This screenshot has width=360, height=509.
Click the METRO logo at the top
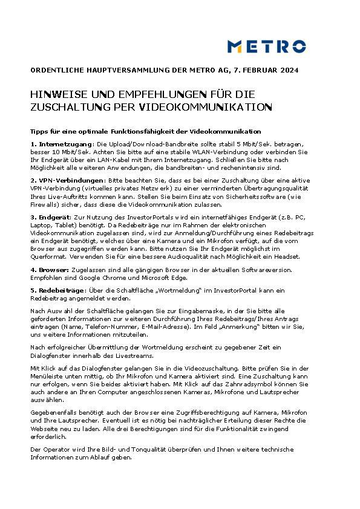(x=266, y=46)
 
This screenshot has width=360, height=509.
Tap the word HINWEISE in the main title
(x=56, y=96)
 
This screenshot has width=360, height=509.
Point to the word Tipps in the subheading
(x=40, y=131)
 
